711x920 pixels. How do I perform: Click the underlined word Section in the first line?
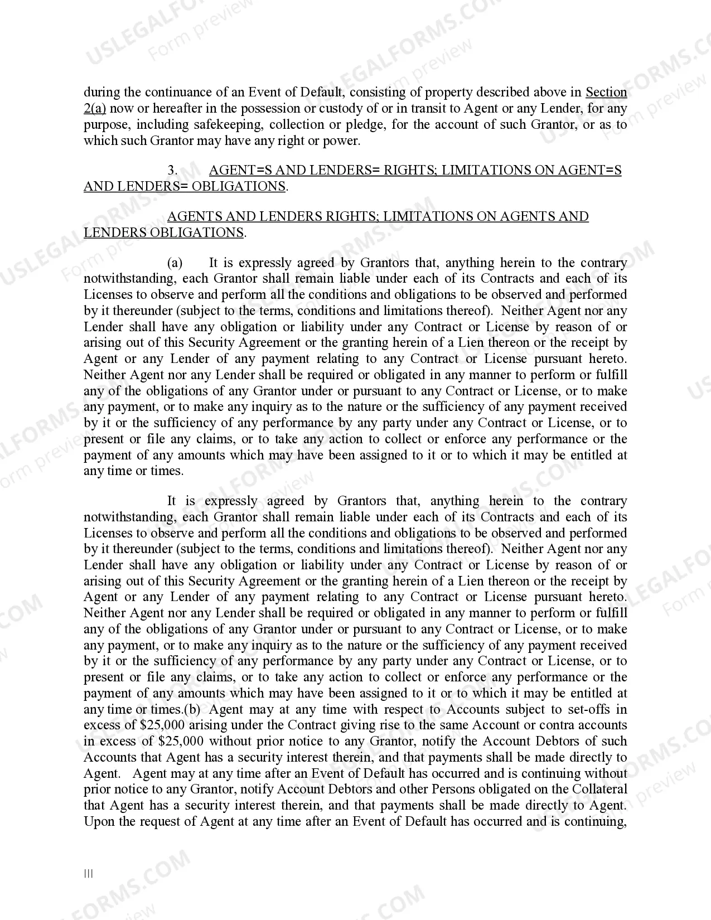pyautogui.click(x=606, y=93)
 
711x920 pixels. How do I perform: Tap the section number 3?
pyautogui.click(x=172, y=171)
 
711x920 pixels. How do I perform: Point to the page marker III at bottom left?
pyautogui.click(x=89, y=874)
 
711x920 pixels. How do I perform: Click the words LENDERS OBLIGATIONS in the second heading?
pyautogui.click(x=163, y=233)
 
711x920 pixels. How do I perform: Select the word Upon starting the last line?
pyautogui.click(x=98, y=822)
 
